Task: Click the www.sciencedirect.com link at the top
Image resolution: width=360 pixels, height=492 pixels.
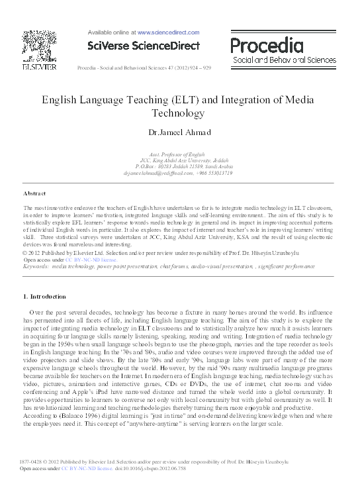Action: pyautogui.click(x=168, y=32)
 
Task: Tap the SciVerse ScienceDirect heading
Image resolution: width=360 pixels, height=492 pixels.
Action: pyautogui.click(x=139, y=45)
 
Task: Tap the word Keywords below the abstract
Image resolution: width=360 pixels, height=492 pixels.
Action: pyautogui.click(x=39, y=266)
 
